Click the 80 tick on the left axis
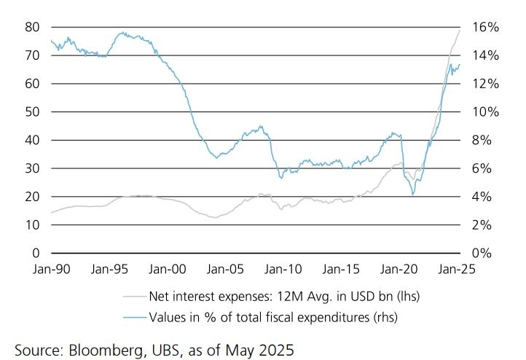pos(31,27)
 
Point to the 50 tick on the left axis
pos(31,112)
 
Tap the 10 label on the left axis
pos(31,225)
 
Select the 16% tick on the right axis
pos(484,27)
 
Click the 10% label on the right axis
pos(484,112)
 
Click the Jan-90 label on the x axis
pos(50,269)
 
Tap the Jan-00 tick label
pos(166,269)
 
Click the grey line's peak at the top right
pos(460,30)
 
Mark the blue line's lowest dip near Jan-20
pos(413,195)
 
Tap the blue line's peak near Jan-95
pos(122,33)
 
